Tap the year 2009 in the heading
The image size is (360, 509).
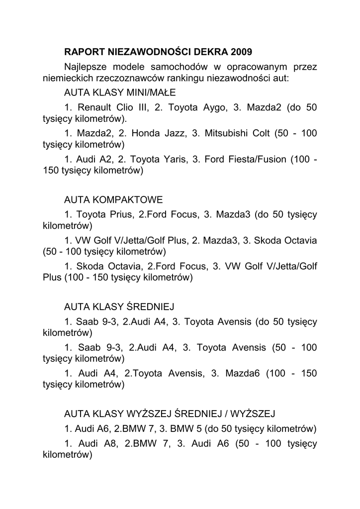pos(242,52)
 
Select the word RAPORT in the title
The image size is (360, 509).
pos(83,52)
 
